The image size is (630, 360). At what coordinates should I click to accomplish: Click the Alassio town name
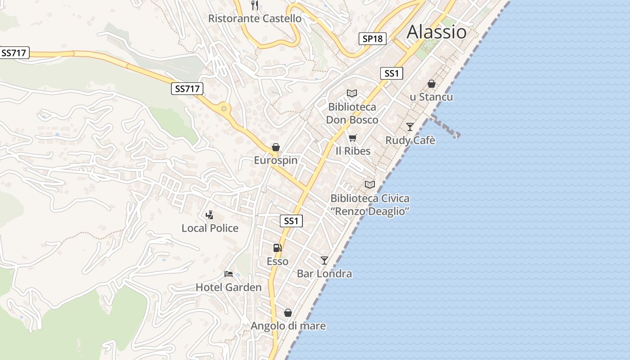click(436, 32)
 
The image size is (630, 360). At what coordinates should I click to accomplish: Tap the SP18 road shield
click(373, 39)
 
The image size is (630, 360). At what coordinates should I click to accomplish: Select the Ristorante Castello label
click(255, 18)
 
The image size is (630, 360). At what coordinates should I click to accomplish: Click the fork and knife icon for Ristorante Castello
click(255, 5)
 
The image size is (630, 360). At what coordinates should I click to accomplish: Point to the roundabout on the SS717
click(224, 108)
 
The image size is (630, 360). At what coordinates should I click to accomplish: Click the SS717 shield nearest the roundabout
click(187, 89)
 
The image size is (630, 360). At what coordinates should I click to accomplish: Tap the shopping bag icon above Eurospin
click(275, 147)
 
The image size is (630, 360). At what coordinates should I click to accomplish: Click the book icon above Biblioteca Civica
click(369, 184)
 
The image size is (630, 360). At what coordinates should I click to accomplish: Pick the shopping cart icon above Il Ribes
click(352, 138)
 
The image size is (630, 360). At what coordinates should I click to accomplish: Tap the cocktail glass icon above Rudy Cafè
click(409, 127)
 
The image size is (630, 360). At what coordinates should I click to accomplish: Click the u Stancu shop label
click(431, 97)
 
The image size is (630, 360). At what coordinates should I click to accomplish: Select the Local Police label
click(210, 228)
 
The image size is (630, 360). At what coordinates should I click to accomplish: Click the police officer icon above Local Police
click(209, 215)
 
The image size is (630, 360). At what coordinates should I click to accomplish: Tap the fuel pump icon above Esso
click(277, 248)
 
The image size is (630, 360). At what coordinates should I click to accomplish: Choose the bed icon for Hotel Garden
click(229, 274)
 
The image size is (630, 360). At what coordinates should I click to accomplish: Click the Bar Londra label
click(324, 274)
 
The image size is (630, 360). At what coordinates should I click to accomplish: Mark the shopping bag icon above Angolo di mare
click(288, 313)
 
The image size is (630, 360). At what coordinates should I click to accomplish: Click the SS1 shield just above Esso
click(291, 221)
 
